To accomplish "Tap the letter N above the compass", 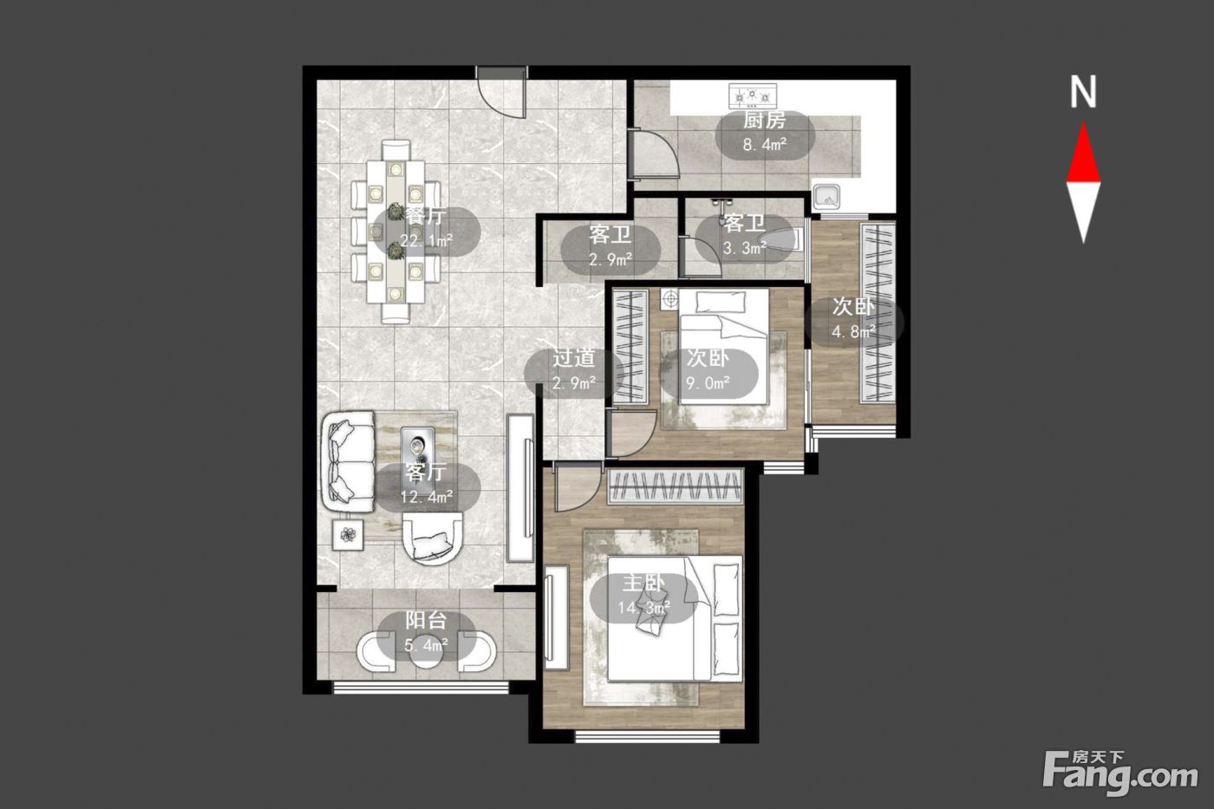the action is tap(1083, 92).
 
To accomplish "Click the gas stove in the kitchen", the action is tap(753, 95).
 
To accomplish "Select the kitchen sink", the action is tap(826, 196).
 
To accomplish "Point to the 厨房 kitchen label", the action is tap(764, 121).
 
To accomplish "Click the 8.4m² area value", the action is tap(765, 145).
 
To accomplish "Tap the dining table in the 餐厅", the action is tap(395, 232).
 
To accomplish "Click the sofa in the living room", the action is tap(349, 460).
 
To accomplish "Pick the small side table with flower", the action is tap(348, 535).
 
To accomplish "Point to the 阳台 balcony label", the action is tap(426, 621).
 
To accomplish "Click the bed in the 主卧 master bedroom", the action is tap(675, 617).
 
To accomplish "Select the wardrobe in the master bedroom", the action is tap(676, 486).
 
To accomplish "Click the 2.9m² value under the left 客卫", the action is tap(610, 261).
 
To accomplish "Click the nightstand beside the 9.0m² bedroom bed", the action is tap(670, 299).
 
